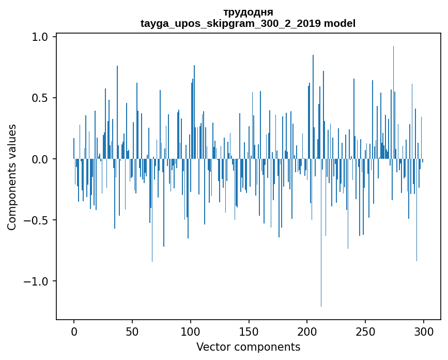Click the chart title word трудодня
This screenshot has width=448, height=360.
tap(248, 12)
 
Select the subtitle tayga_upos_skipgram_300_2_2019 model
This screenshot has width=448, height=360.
tap(248, 23)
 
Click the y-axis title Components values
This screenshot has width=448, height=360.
tap(12, 177)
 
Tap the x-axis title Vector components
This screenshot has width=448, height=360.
tap(248, 347)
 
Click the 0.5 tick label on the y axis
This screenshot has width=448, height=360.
tap(41, 98)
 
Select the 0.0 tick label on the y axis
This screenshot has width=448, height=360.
tap(41, 159)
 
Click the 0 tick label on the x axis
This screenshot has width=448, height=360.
tap(74, 331)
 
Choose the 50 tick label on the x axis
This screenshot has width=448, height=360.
tap(132, 331)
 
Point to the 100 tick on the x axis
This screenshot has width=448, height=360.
tap(191, 331)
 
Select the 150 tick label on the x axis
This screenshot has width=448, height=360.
tap(249, 331)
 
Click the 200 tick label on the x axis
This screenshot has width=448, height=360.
tap(307, 331)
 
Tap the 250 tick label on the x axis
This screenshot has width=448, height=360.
tap(365, 331)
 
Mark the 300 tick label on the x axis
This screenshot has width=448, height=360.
tap(424, 331)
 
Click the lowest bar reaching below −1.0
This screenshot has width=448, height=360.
tap(321, 259)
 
